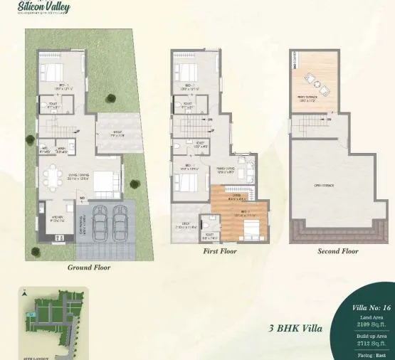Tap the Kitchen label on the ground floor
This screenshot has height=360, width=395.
pos(58,220)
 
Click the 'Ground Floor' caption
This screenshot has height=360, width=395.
pos(89,268)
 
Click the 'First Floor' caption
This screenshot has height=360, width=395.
pos(221,251)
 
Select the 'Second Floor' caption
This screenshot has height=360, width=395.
pos(338,251)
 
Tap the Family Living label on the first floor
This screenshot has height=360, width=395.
pos(226,170)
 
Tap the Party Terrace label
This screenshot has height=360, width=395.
pos(307,100)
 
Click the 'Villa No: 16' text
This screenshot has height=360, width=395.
pos(369,308)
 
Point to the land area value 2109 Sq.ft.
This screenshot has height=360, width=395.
pos(369,324)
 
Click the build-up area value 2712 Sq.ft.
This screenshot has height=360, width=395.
pos(369,342)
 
